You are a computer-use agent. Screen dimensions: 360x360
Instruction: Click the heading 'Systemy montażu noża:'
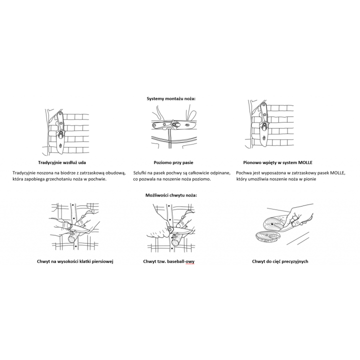pos(171,98)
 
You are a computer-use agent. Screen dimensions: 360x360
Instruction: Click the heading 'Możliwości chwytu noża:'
pos(171,195)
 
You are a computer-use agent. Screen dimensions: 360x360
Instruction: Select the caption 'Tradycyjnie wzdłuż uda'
pos(62,162)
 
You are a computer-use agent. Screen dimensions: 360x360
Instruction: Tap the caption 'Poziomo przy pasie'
pos(173,162)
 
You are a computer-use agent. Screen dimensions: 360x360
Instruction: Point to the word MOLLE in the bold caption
pos(305,162)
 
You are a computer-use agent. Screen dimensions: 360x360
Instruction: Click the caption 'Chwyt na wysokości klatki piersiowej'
pos(75,261)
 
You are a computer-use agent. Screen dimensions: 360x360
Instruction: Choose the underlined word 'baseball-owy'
pos(180,261)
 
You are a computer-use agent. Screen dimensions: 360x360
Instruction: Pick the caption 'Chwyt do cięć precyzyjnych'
pos(280,261)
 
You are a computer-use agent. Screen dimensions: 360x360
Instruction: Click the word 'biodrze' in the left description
pos(62,173)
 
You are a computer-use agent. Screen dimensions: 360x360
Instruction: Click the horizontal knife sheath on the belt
pos(174,125)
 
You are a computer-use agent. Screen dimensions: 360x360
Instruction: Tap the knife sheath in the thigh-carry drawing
pos(60,132)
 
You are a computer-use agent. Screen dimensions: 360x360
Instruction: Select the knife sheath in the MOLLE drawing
pos(264,124)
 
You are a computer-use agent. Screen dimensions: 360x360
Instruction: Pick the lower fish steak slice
pos(268,237)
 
